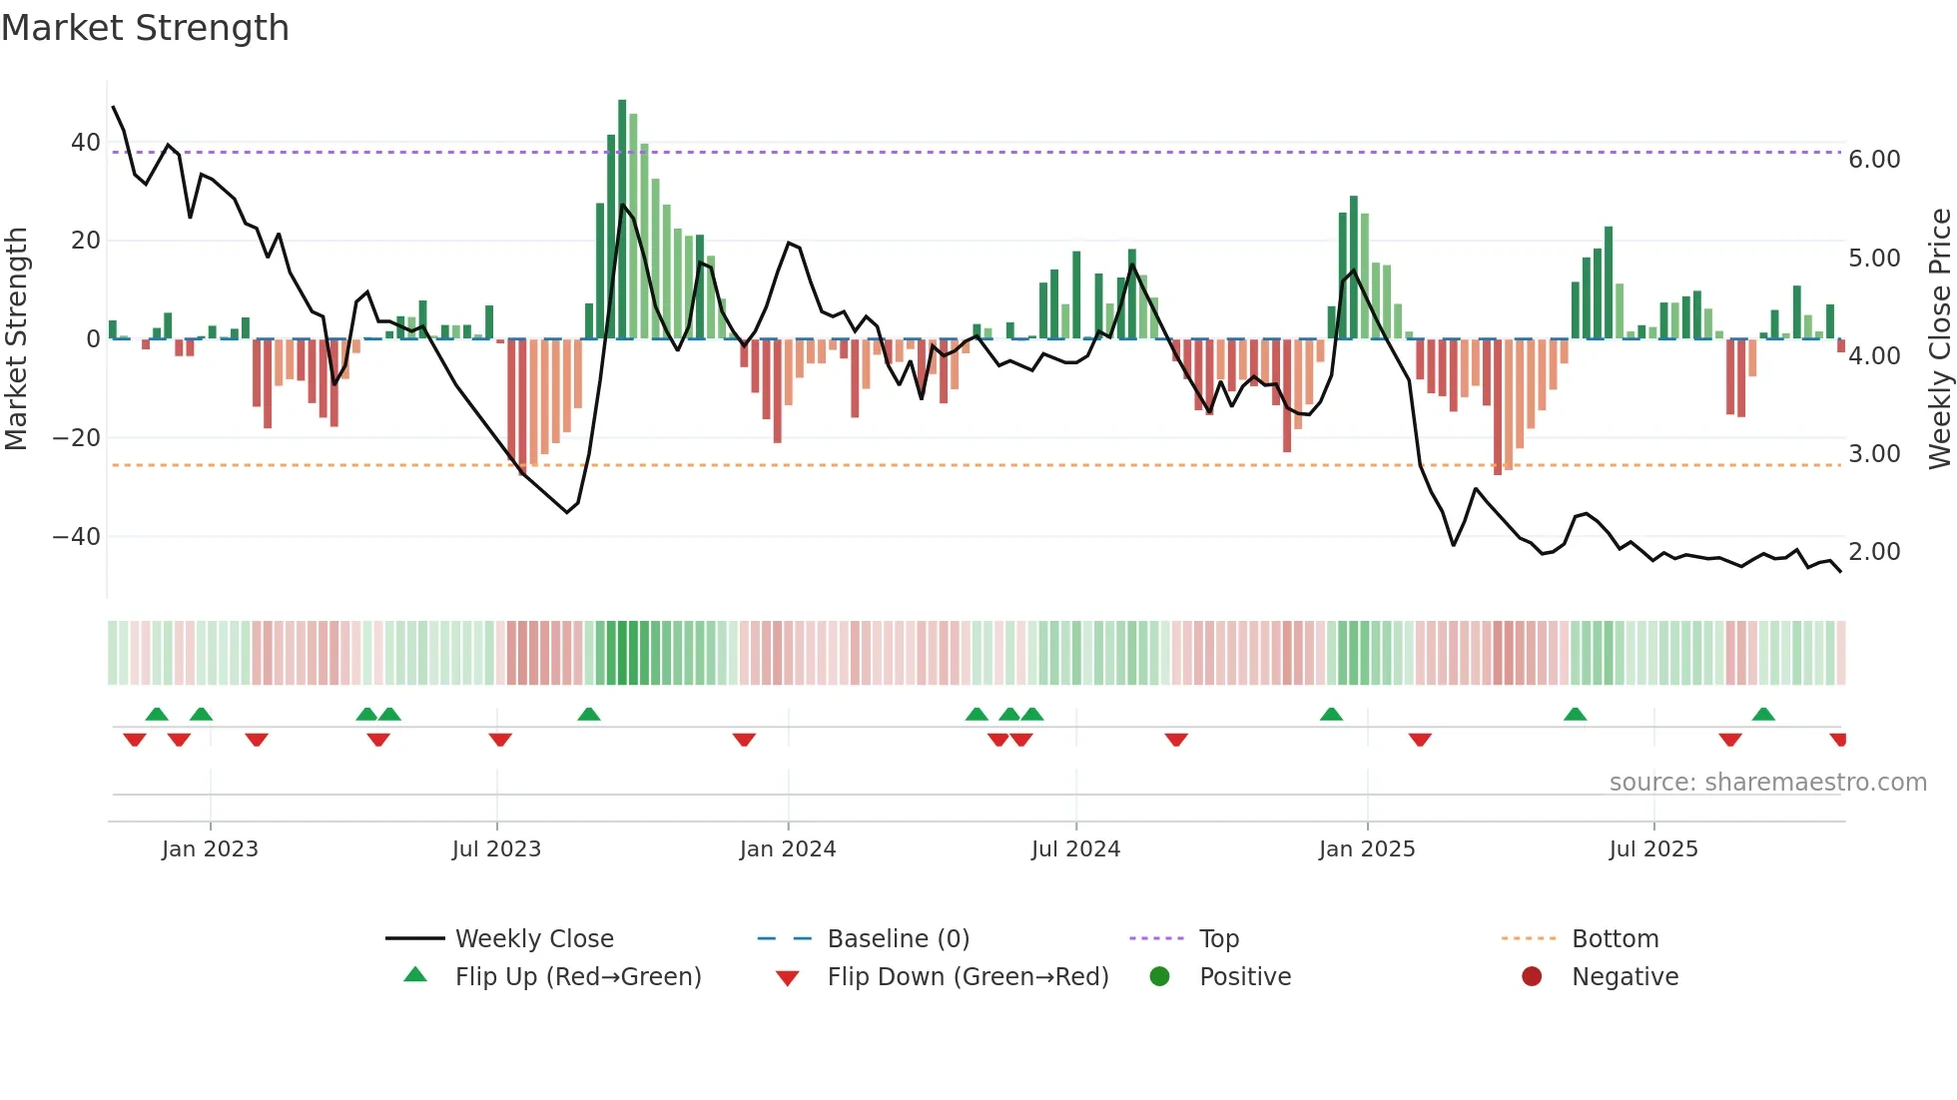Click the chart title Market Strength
(x=145, y=28)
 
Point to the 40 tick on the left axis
(x=86, y=143)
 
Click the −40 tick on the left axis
(x=77, y=537)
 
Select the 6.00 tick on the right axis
(x=1874, y=160)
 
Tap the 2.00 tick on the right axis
(x=1874, y=552)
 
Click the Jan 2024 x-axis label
(x=787, y=849)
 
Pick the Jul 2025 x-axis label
(x=1652, y=849)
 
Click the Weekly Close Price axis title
(x=1939, y=339)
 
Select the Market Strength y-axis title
(x=17, y=339)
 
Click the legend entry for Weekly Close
(x=534, y=939)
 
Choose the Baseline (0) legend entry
(x=898, y=939)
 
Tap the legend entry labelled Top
(x=1218, y=939)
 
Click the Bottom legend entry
(x=1615, y=939)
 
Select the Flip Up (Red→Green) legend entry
(x=577, y=977)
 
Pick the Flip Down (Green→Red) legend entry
(x=968, y=977)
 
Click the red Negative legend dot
(x=1531, y=977)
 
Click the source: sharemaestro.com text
(x=1767, y=783)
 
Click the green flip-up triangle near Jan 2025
(x=1331, y=714)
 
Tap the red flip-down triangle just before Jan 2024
(x=744, y=740)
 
